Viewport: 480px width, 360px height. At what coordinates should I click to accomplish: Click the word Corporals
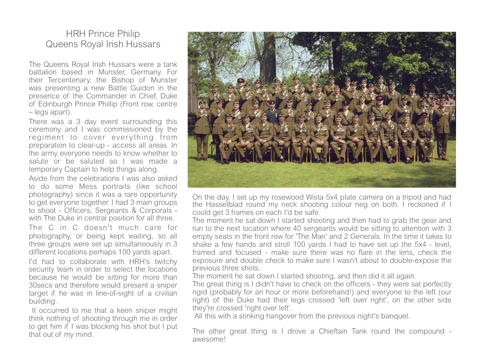[158, 210]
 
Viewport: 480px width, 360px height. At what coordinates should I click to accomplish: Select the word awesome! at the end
[209, 339]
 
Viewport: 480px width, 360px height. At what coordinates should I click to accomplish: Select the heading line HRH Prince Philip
[103, 34]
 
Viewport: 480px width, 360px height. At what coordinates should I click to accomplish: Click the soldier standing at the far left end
[202, 128]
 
